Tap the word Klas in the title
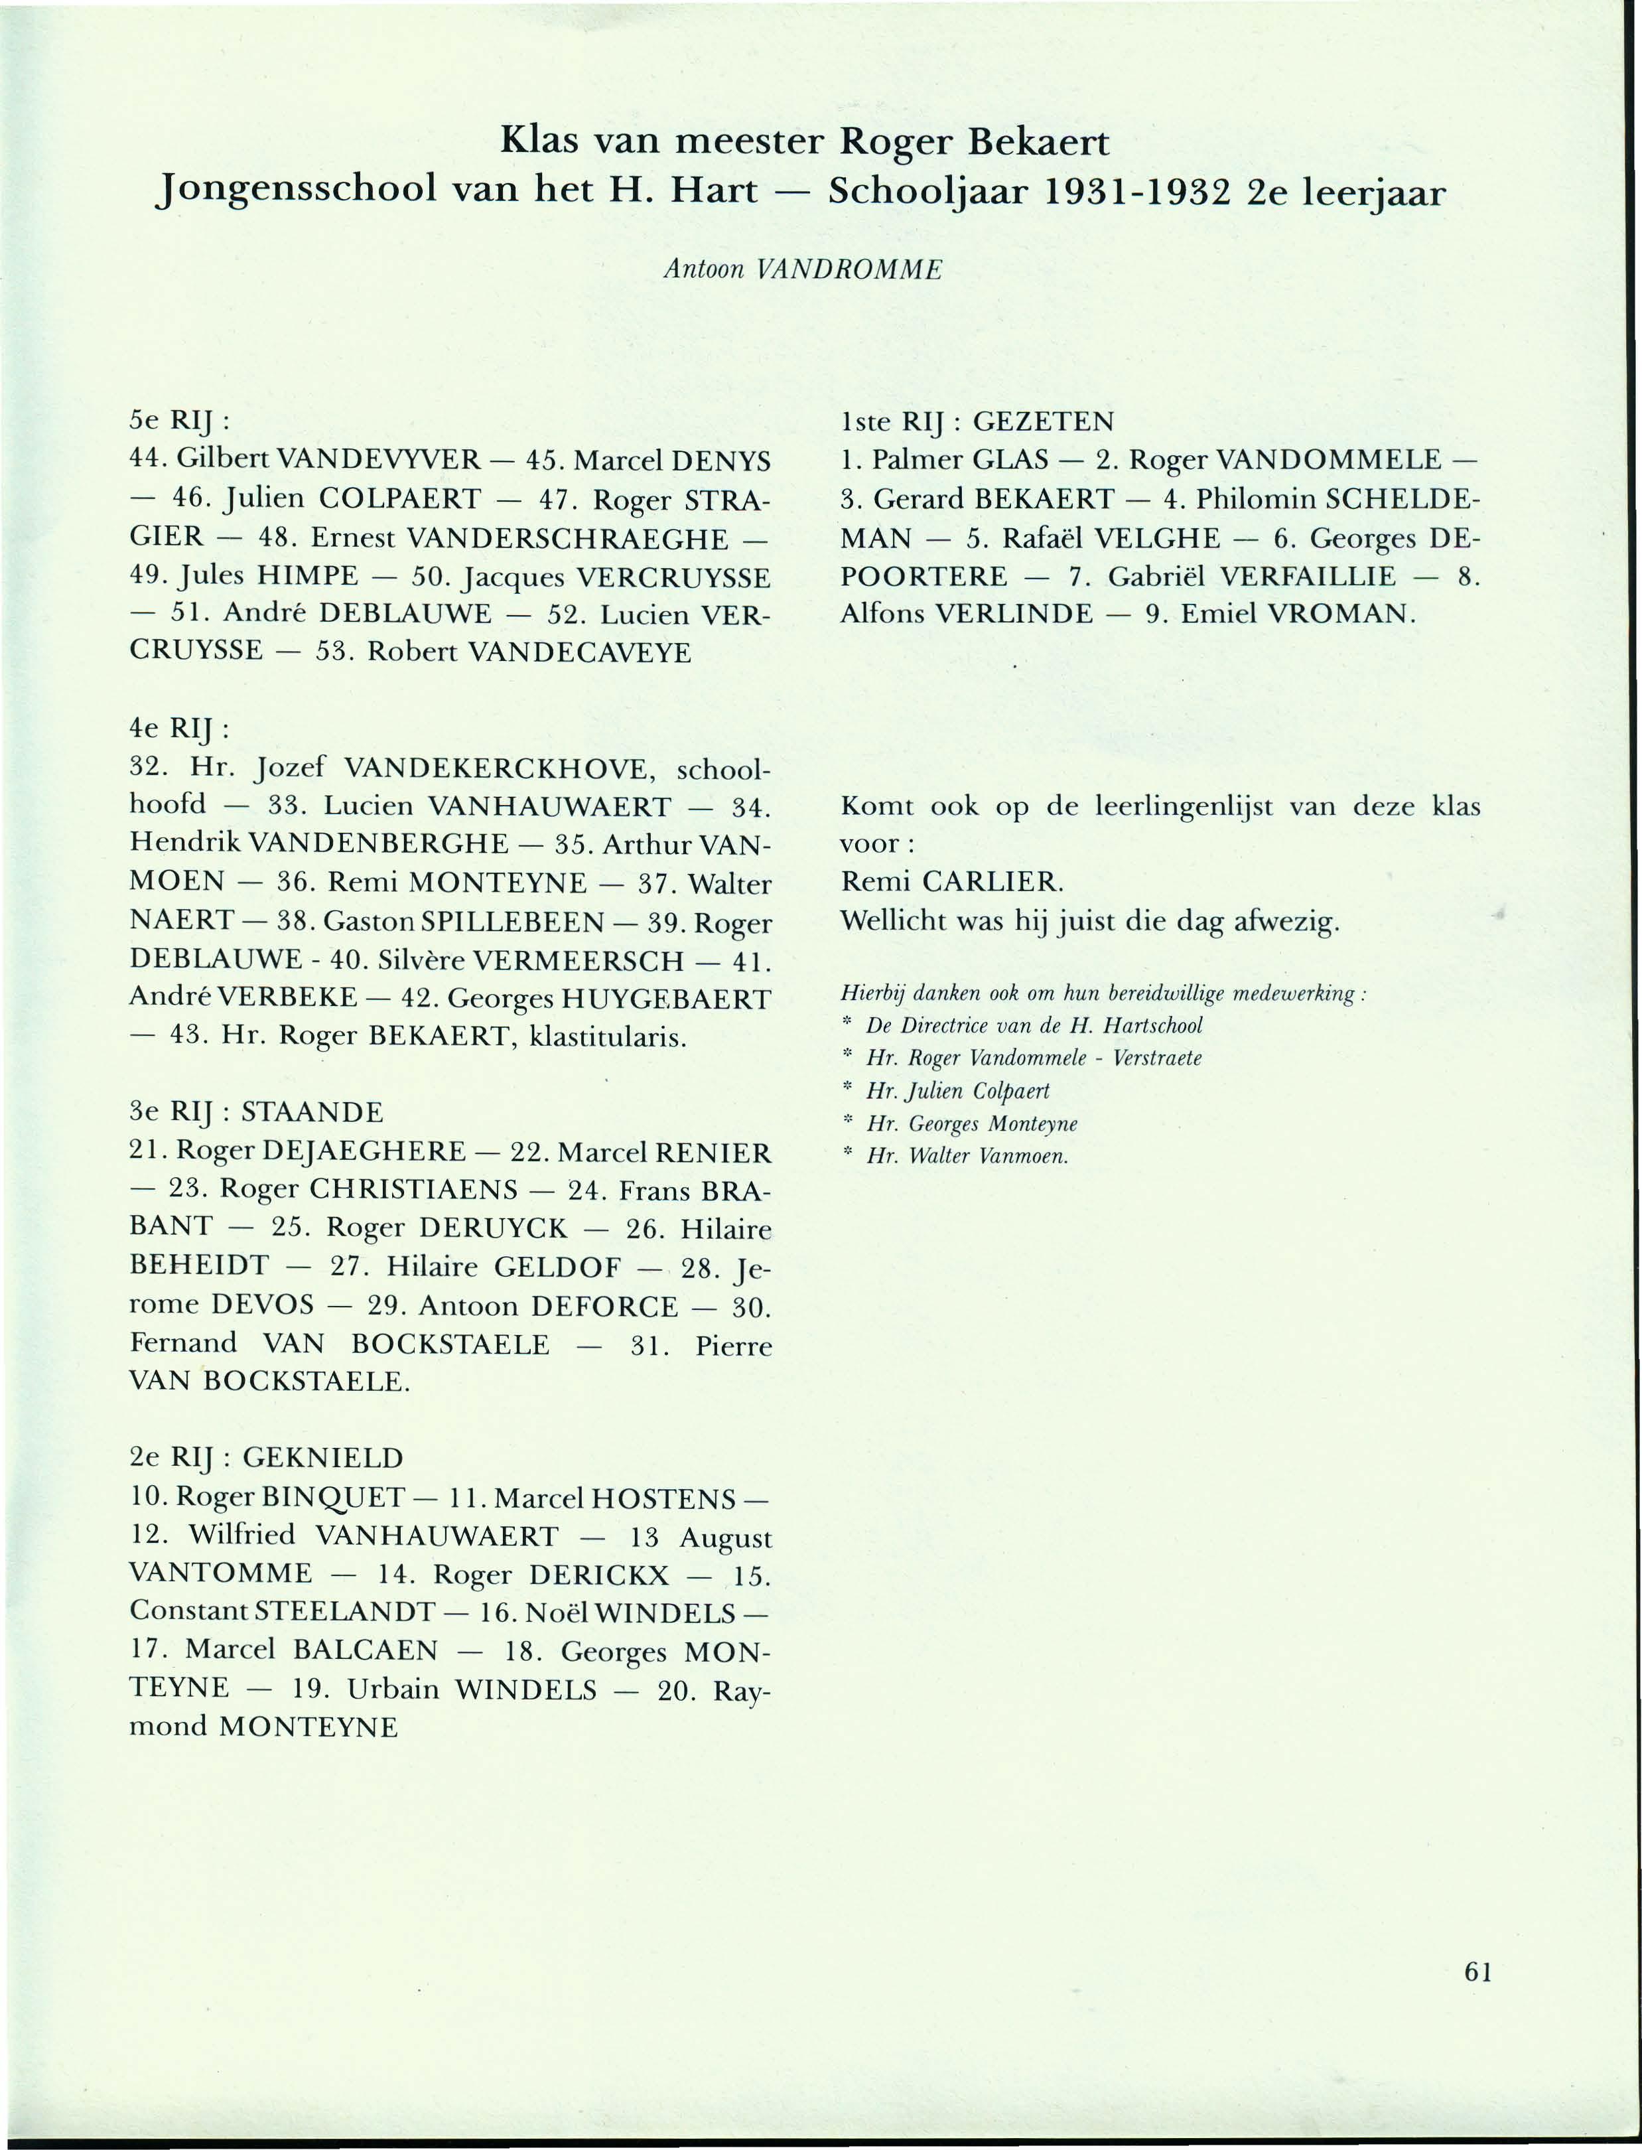tap(541, 143)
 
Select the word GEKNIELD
tap(322, 1458)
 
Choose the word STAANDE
tap(312, 1113)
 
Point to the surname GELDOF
tap(557, 1267)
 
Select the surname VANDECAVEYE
tap(581, 652)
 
